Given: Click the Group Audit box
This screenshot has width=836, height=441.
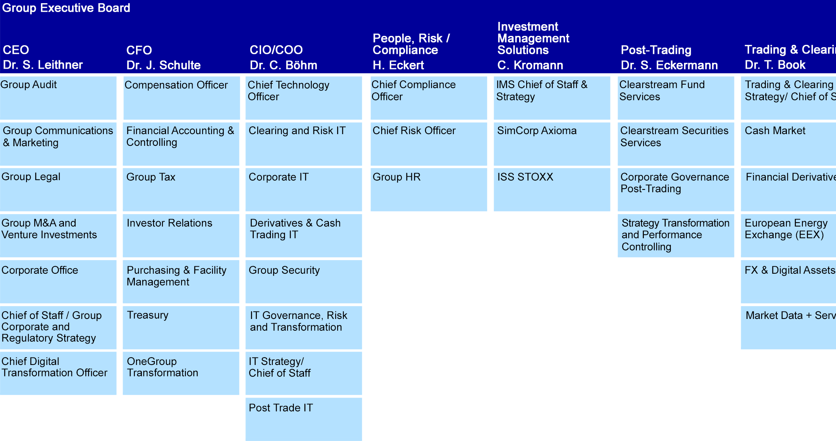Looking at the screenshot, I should pos(58,98).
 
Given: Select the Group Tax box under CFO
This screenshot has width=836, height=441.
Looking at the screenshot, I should pos(181,190).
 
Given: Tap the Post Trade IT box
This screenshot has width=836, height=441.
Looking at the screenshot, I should pos(304,419).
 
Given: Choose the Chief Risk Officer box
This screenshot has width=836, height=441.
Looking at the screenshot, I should pos(429,144).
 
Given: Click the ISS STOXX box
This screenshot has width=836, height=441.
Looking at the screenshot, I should pos(552,190).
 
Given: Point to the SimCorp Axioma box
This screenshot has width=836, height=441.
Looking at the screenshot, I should pos(552,144).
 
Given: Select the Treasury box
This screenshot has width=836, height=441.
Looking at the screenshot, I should pos(181,328).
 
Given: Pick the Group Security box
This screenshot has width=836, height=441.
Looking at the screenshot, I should pos(304,282).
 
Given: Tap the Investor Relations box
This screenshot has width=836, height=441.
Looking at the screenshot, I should pos(181,236).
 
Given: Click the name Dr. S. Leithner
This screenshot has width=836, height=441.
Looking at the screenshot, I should pos(43,65).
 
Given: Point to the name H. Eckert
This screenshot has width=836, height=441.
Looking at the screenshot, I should pos(398,65).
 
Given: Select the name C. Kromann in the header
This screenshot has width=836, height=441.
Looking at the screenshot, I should pos(530,65).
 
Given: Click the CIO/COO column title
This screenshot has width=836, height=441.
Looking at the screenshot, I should pos(276,50).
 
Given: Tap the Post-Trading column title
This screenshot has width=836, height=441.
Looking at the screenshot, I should pos(656,50).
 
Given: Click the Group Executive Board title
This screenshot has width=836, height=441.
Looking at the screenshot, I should pos(66,8).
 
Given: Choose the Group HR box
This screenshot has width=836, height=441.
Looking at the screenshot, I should pos(429,190).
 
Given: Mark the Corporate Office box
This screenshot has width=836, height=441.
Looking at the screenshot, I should pos(58,282).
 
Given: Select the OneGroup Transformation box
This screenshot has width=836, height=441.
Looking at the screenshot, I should pos(181,373).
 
